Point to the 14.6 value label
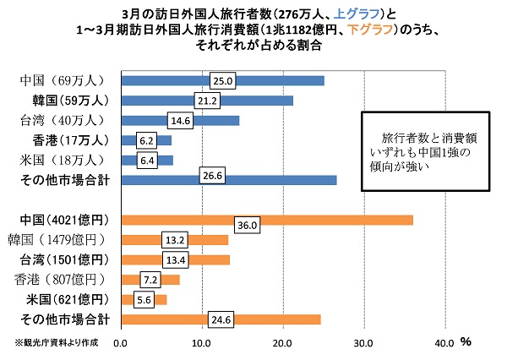click(182, 120)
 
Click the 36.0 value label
click(246, 226)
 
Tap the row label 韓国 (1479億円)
click(66, 239)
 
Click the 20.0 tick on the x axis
click(282, 343)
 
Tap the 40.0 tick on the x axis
click(444, 343)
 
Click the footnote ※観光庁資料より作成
click(56, 342)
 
